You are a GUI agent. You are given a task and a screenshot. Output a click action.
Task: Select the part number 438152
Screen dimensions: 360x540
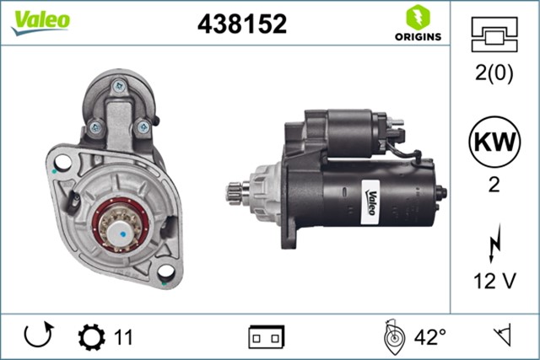coord(241,24)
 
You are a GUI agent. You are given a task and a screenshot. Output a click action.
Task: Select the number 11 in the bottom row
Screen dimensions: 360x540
coord(123,338)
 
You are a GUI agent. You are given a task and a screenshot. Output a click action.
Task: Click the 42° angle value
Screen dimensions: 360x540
coord(430,338)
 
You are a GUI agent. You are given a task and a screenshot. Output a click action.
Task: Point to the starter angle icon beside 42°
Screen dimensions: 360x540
coord(392,337)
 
